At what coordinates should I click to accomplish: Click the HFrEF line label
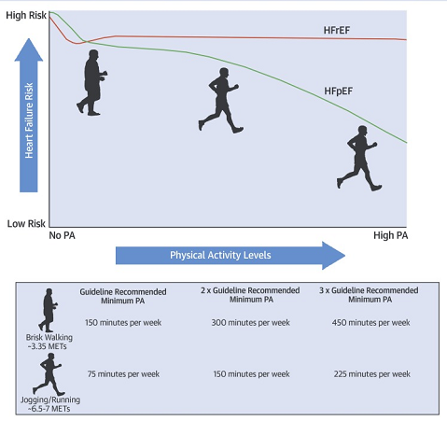pyautogui.click(x=337, y=30)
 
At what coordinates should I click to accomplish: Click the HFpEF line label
pyautogui.click(x=338, y=91)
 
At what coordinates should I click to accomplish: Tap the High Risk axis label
pyautogui.click(x=26, y=15)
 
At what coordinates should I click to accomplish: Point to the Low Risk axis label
pyautogui.click(x=26, y=223)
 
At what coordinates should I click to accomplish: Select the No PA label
pyautogui.click(x=62, y=235)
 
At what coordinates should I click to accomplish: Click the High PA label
pyautogui.click(x=391, y=235)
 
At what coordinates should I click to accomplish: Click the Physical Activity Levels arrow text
pyautogui.click(x=220, y=255)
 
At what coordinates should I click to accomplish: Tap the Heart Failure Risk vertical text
pyautogui.click(x=29, y=120)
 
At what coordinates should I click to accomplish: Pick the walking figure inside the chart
pyautogui.click(x=91, y=83)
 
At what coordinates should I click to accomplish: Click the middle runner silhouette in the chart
pyautogui.click(x=220, y=100)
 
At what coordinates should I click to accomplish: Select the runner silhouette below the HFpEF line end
pyautogui.click(x=359, y=158)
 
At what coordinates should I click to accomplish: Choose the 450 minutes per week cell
pyautogui.click(x=370, y=322)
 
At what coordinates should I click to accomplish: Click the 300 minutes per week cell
pyautogui.click(x=250, y=322)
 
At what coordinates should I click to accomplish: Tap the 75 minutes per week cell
pyautogui.click(x=123, y=373)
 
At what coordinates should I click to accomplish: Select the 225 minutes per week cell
pyautogui.click(x=372, y=373)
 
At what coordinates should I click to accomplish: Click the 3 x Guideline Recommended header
pyautogui.click(x=369, y=290)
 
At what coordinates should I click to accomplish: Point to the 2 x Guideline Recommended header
pyautogui.click(x=250, y=290)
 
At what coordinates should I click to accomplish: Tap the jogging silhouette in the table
pyautogui.click(x=49, y=374)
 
